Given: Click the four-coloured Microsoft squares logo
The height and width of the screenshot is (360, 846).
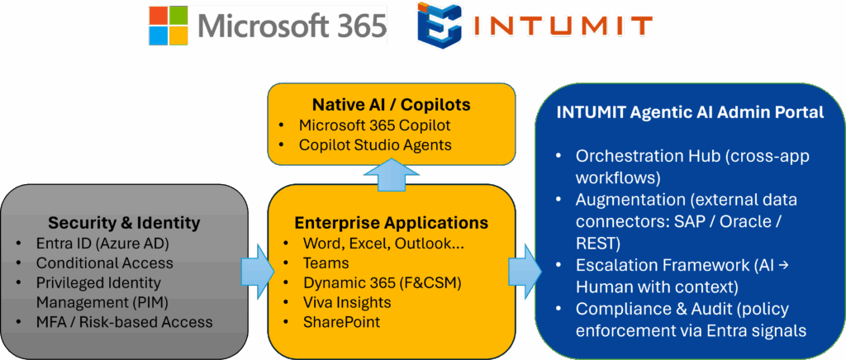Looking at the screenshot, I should (169, 26).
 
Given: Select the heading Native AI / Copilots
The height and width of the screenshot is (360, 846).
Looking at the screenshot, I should (391, 105).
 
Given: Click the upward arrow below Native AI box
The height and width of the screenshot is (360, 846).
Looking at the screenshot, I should (391, 173).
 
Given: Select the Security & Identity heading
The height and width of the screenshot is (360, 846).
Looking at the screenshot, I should (123, 223).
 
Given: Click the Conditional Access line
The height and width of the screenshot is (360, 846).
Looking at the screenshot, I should (104, 263).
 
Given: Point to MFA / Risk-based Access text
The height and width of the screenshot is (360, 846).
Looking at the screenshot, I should (124, 322).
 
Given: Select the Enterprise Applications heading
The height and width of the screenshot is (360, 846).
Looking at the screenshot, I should (391, 223).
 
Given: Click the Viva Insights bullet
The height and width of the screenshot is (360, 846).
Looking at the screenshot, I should (345, 302).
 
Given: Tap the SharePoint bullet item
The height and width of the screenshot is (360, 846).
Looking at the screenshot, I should (340, 322).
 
